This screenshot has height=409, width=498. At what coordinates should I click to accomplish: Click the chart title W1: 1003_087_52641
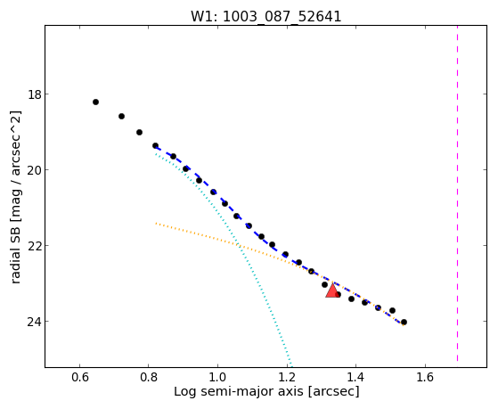coord(265,16)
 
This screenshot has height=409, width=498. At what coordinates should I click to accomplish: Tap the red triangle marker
coord(332,291)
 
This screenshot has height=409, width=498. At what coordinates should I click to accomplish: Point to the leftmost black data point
coord(95,102)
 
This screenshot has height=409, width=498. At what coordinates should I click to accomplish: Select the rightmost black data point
coord(404,323)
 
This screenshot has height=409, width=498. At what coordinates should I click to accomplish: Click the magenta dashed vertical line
coord(457,193)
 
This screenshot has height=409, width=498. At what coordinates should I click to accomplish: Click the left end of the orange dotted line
coord(156,224)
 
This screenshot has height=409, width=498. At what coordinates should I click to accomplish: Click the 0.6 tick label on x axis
coord(79,377)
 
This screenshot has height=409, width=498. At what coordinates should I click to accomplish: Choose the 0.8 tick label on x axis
coord(149,377)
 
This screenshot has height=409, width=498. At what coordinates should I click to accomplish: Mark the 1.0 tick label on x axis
coord(218,377)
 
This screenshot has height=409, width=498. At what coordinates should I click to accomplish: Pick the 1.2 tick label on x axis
coord(287,377)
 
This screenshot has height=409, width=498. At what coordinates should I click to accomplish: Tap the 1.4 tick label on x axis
coord(356,377)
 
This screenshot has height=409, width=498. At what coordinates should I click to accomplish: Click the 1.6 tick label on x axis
coord(425,377)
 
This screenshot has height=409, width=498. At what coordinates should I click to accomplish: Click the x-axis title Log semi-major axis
coord(239,392)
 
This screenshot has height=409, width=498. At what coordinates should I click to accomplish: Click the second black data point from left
coord(121,117)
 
